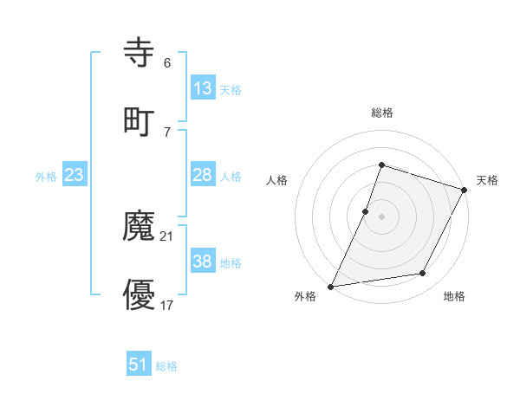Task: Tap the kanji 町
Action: pos(140,120)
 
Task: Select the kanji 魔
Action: pos(140,228)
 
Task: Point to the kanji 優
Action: pos(140,295)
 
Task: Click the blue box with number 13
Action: pos(203,88)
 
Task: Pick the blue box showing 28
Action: pos(203,175)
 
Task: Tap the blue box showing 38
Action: pos(203,262)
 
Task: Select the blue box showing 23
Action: pos(75,175)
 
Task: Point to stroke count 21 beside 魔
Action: pos(167,236)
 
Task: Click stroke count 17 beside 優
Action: pos(167,304)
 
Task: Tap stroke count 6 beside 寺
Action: pos(167,63)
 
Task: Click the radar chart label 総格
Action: pos(382,113)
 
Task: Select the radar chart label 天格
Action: pos(487,180)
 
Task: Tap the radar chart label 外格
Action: pos(305,297)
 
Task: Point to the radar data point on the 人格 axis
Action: pos(366,211)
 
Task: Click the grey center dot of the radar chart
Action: pos(382,216)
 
